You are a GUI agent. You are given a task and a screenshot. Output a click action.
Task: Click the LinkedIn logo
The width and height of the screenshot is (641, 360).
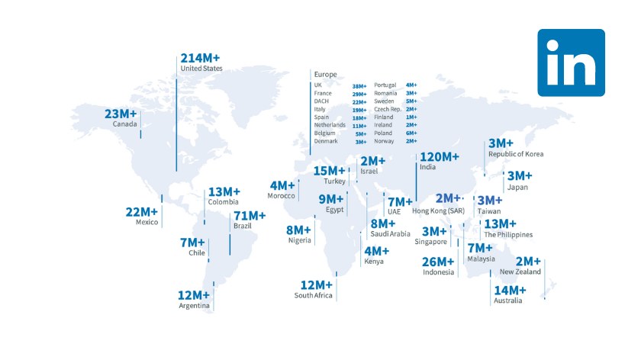tap(571, 63)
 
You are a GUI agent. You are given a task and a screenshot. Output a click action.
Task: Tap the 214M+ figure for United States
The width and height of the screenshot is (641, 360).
tap(200, 58)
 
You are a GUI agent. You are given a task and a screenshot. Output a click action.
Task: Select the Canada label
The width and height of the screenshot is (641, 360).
tap(124, 124)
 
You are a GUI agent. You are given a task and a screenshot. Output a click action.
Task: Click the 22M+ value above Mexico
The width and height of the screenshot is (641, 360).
tap(142, 211)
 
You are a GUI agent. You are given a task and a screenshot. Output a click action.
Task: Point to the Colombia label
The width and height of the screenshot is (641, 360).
tap(223, 202)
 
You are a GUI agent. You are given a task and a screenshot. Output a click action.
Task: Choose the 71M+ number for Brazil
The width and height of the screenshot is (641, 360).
tap(250, 216)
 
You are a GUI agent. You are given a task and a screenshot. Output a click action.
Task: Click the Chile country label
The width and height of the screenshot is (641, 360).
tap(197, 253)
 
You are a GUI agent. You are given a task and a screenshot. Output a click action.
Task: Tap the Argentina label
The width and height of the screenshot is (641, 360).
tap(194, 306)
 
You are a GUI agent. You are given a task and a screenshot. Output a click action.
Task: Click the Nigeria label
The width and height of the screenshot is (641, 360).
tap(299, 241)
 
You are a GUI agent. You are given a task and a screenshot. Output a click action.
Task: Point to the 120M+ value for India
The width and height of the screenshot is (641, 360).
tap(440, 157)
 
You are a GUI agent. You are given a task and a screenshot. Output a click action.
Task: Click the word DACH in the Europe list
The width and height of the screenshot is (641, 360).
tap(321, 101)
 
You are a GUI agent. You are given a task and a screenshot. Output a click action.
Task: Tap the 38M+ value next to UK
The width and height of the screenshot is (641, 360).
tap(359, 85)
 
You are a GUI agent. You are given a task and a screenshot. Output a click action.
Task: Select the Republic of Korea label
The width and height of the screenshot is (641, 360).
tap(516, 154)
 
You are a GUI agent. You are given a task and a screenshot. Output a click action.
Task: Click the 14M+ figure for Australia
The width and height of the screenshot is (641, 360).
tap(510, 290)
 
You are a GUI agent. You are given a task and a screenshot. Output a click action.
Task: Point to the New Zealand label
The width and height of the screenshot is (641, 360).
tap(520, 272)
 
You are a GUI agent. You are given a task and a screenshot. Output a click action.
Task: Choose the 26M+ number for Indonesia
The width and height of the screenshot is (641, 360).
tap(439, 262)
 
